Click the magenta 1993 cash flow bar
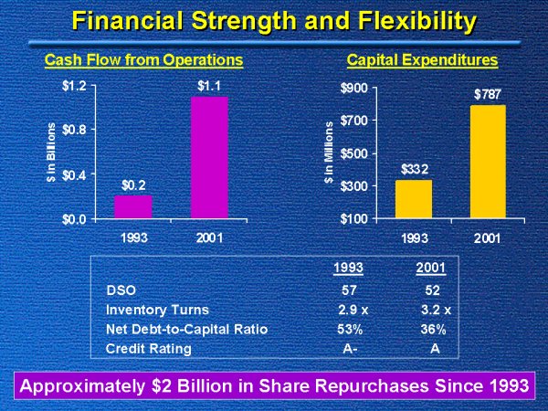coord(133,206)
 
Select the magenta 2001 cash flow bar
coord(209,157)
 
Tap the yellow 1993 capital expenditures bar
coord(414,199)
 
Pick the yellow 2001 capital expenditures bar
coord(486,162)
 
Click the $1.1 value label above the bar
coord(209,87)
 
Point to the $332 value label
coord(414,169)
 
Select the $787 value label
coord(486,94)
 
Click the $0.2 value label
coord(133,185)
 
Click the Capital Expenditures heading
coord(422,60)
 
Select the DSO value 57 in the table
coord(347,290)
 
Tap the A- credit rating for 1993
coord(347,349)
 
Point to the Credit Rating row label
coord(149,349)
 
